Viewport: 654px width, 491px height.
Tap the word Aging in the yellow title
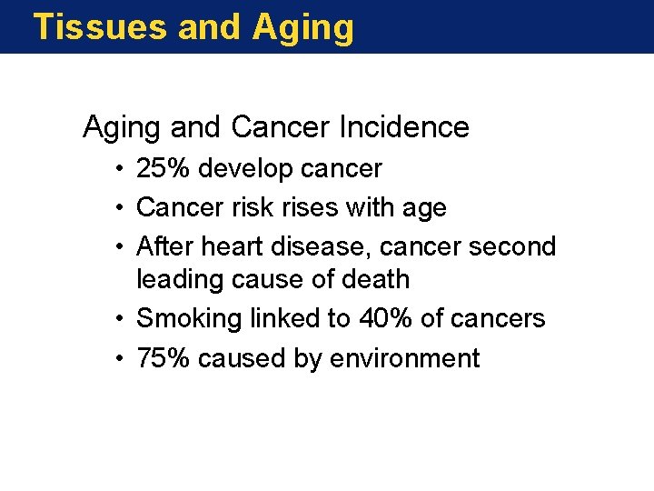tap(303, 28)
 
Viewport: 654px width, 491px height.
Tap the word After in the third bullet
tap(163, 246)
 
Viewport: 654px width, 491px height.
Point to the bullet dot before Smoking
tap(120, 319)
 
